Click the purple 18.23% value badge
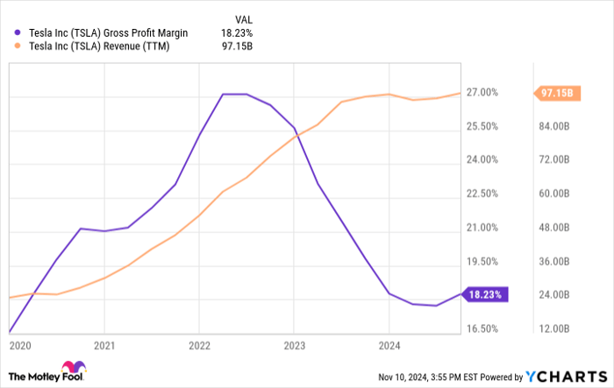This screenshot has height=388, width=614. tap(484, 295)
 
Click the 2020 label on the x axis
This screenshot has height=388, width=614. tap(19, 345)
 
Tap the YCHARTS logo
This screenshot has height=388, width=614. tap(566, 376)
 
